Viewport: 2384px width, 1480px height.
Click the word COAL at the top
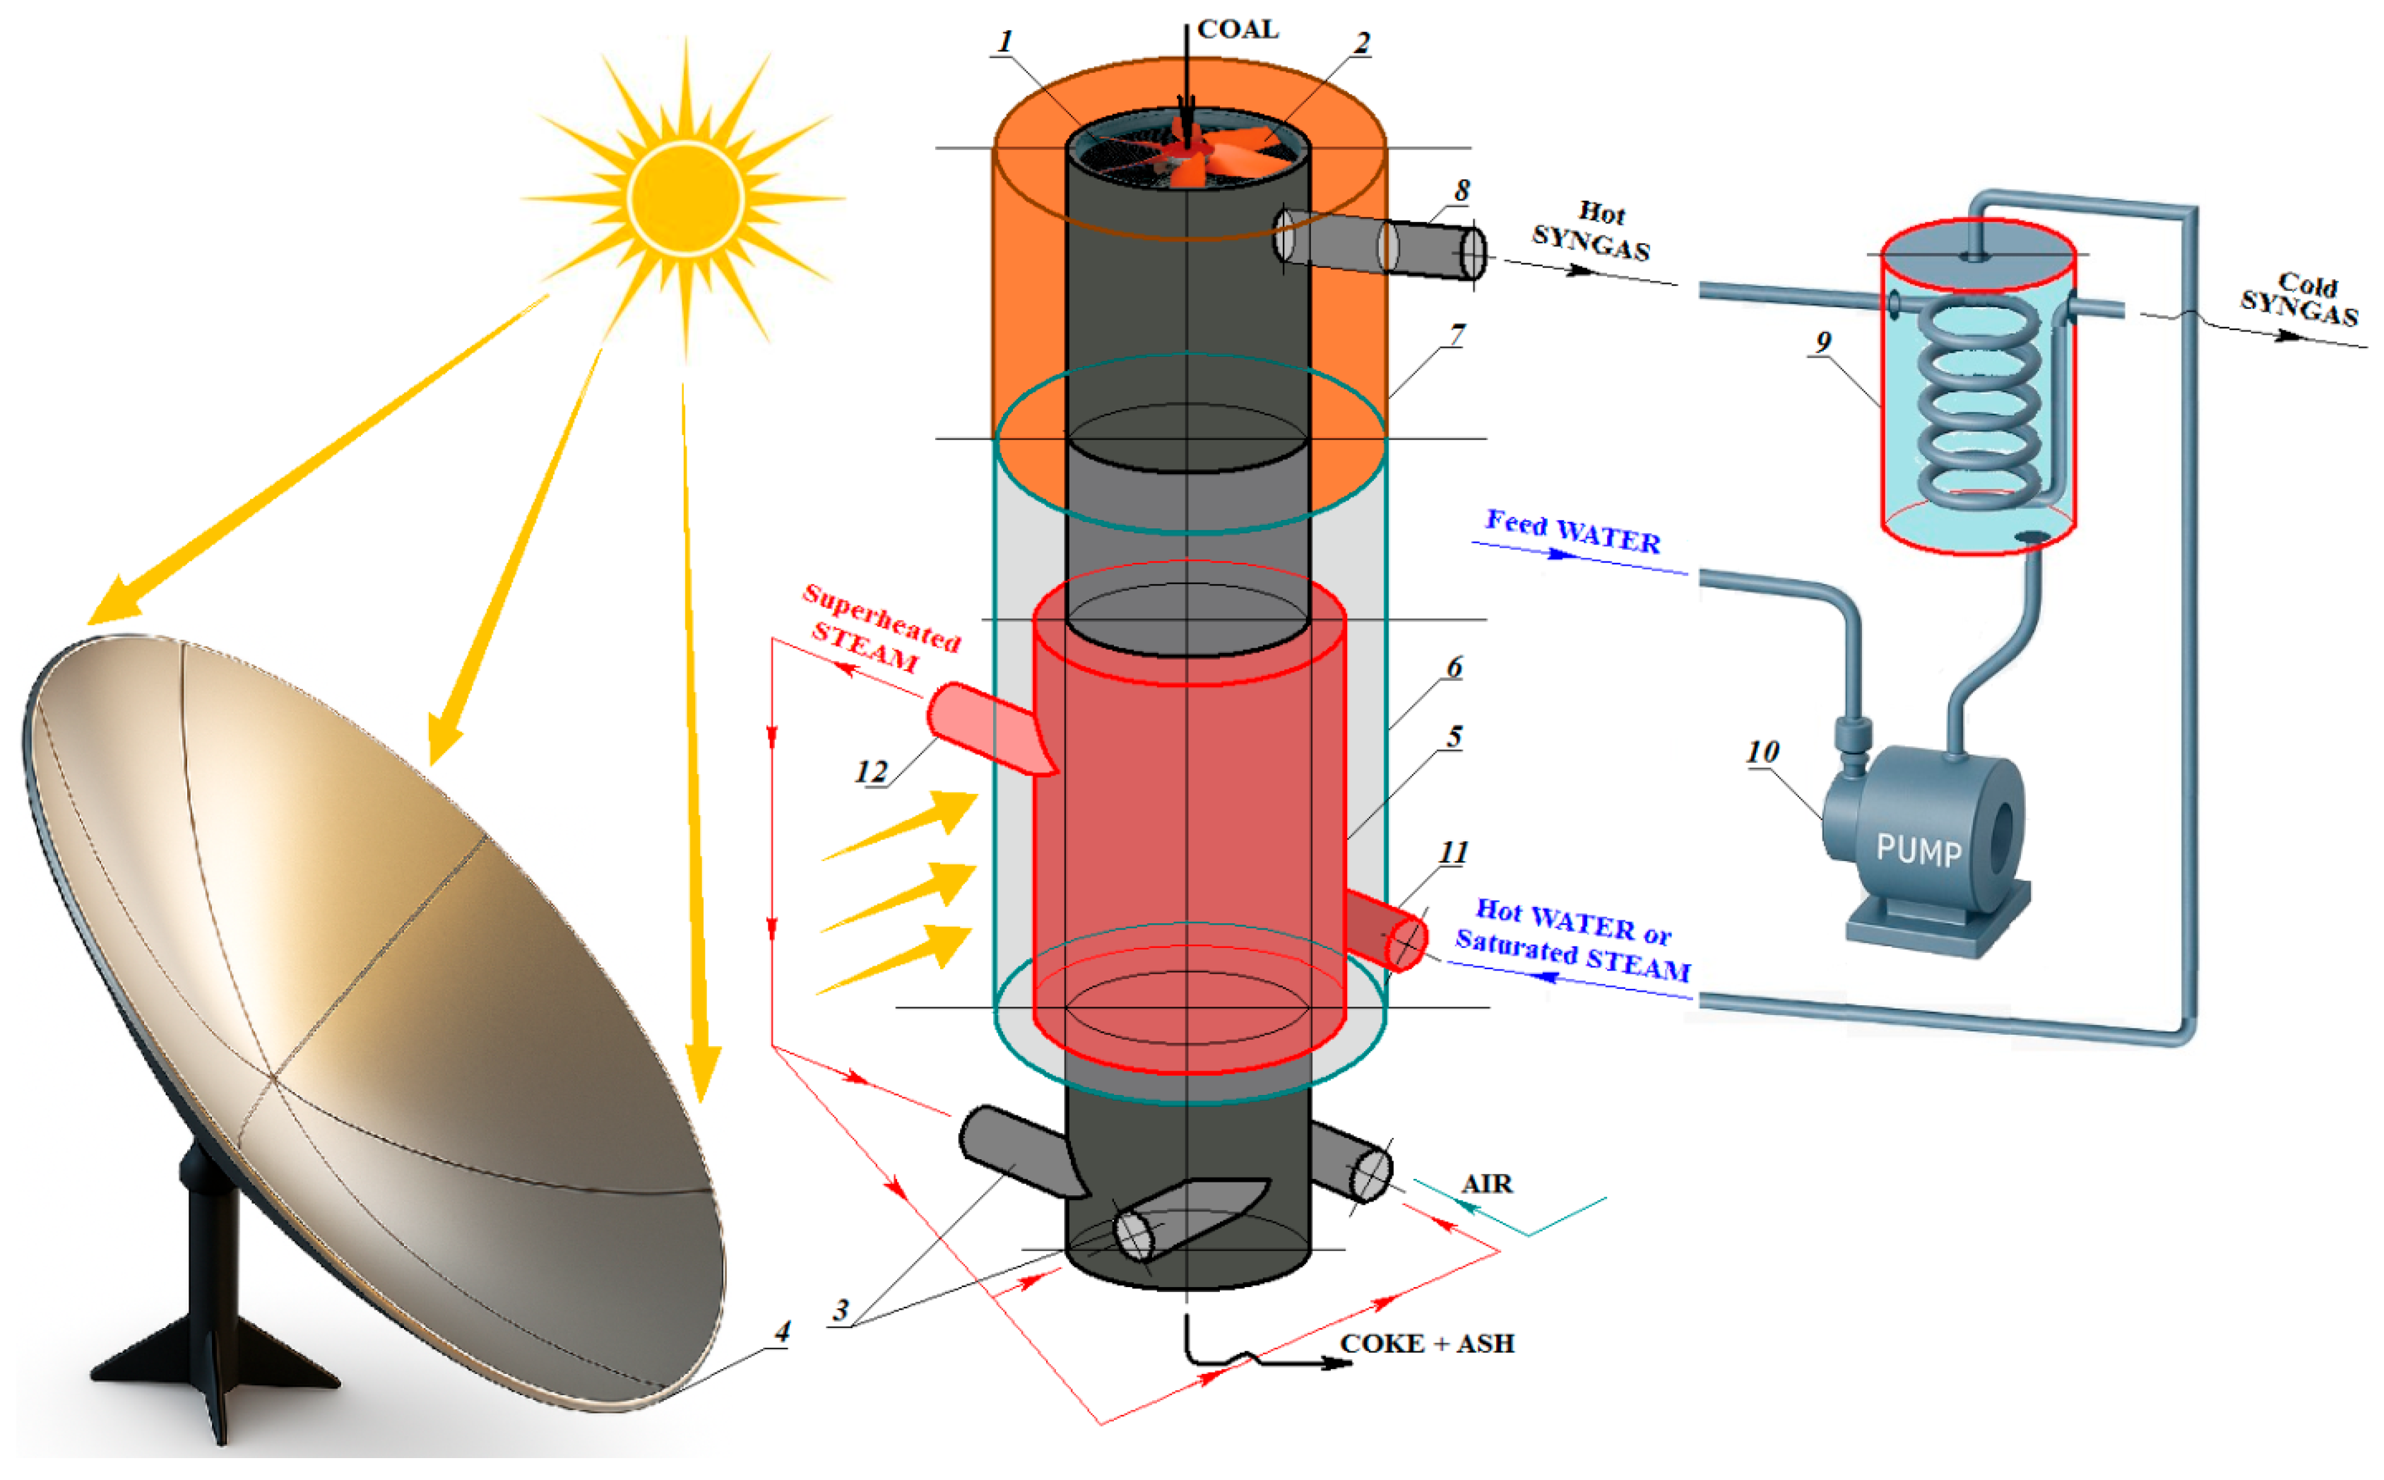(1238, 30)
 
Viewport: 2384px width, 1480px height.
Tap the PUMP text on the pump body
(1919, 850)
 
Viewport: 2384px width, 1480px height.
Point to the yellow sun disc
(685, 198)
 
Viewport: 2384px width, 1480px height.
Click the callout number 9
(1822, 343)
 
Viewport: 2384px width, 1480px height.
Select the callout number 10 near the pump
(1762, 752)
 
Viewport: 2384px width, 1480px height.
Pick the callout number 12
(871, 772)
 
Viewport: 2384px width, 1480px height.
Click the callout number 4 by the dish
(782, 1331)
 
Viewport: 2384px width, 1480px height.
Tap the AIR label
(1487, 1185)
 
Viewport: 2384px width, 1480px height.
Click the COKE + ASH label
(1427, 1344)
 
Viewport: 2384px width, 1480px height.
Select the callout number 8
(1462, 190)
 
